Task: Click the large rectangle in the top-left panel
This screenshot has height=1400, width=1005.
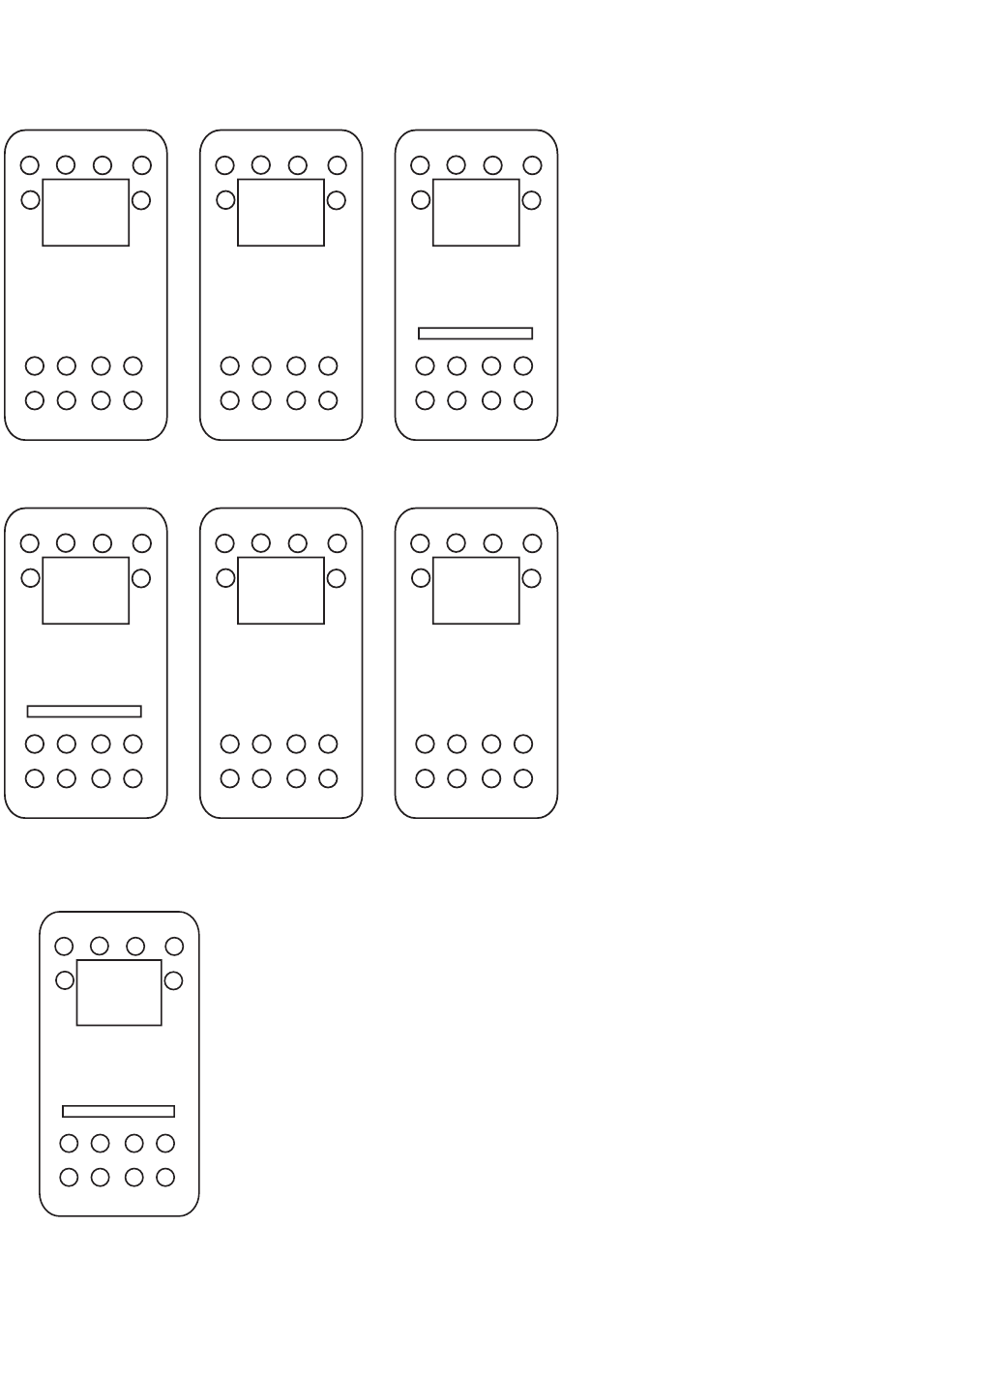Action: pyautogui.click(x=86, y=213)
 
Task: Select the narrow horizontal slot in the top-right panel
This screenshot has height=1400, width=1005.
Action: pyautogui.click(x=475, y=334)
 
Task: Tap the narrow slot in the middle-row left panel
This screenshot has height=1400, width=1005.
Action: pyautogui.click(x=84, y=712)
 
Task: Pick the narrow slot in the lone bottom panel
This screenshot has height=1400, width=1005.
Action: pyautogui.click(x=118, y=1112)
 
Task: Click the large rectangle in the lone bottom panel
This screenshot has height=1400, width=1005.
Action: pyautogui.click(x=119, y=993)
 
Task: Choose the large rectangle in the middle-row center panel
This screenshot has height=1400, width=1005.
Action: pyautogui.click(x=281, y=591)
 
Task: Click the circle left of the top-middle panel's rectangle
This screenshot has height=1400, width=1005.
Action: pyautogui.click(x=225, y=200)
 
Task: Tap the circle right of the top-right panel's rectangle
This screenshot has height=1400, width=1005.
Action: pyautogui.click(x=531, y=200)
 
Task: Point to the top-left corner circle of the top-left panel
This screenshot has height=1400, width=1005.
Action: pyautogui.click(x=30, y=165)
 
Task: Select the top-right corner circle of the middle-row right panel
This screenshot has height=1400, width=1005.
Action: pyautogui.click(x=532, y=543)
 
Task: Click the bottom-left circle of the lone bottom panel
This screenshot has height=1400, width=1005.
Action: pyautogui.click(x=69, y=1178)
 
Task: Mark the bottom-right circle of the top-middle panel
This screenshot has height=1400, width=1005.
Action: pyautogui.click(x=328, y=400)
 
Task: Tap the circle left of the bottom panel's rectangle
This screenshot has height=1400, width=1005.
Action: pyautogui.click(x=65, y=980)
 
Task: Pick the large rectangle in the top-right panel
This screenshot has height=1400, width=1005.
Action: pyautogui.click(x=476, y=213)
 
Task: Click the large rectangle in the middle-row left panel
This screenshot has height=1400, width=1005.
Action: pyautogui.click(x=86, y=591)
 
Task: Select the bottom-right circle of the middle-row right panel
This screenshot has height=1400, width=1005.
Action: pyautogui.click(x=523, y=778)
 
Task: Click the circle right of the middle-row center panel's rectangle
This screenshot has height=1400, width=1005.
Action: pyautogui.click(x=336, y=578)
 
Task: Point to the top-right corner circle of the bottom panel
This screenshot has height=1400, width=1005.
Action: pyautogui.click(x=174, y=946)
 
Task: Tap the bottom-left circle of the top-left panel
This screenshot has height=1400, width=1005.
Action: pyautogui.click(x=35, y=400)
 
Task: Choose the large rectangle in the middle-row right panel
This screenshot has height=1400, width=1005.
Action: pyautogui.click(x=476, y=591)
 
